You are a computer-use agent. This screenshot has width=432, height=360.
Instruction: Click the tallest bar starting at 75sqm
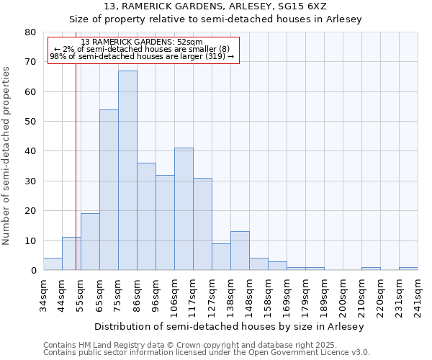127,171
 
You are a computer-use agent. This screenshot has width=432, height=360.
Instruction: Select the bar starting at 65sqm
109,190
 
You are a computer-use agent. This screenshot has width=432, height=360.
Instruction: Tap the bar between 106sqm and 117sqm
184,209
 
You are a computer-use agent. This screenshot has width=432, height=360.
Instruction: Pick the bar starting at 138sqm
240,251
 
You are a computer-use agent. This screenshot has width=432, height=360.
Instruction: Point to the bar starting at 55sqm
90,242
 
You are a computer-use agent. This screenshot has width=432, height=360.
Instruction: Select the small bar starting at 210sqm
371,269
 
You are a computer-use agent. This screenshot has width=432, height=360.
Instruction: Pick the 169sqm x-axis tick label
287,296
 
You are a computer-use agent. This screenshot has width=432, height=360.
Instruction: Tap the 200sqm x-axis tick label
343,296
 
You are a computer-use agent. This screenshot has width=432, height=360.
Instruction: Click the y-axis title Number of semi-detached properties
6,156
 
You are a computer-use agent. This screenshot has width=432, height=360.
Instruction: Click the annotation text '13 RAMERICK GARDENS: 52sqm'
142,42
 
